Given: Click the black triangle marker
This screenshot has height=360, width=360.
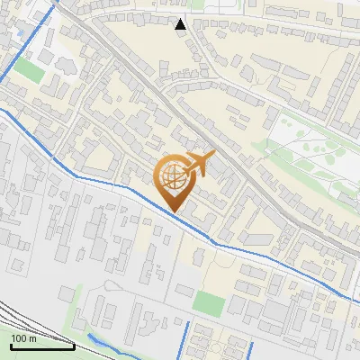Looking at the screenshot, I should (x=181, y=24).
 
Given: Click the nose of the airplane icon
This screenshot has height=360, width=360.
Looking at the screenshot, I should (x=213, y=155).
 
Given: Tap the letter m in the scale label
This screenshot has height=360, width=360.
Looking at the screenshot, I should (x=33, y=338).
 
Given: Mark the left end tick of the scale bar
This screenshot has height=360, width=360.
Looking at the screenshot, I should (x=10, y=346).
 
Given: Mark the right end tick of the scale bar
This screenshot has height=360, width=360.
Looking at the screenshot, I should (x=74, y=346).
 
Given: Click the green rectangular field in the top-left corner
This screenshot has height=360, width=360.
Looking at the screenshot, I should (x=28, y=70).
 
